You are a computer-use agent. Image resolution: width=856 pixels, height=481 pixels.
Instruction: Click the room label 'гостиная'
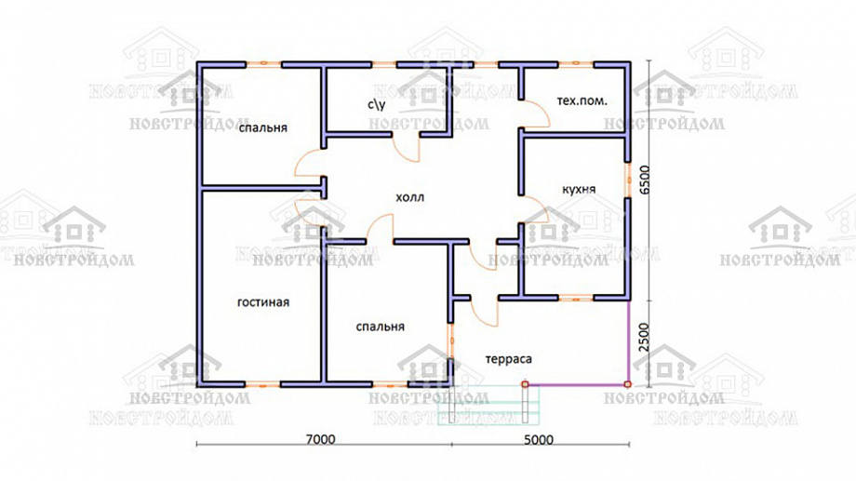tap(263, 302)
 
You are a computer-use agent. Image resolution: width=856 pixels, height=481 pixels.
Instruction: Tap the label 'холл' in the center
tap(410, 197)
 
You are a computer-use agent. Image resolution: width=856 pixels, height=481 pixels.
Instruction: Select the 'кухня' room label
tap(579, 190)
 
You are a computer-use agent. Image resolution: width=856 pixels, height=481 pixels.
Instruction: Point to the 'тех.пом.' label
tap(582, 101)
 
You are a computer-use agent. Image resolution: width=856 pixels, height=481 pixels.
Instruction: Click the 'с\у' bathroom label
tap(377, 104)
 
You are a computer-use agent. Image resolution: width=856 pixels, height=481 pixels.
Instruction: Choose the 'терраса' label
tap(508, 359)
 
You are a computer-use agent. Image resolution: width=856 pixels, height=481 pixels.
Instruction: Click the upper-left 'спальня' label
tap(263, 127)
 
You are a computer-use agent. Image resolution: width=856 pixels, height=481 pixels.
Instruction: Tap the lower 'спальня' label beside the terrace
tap(380, 327)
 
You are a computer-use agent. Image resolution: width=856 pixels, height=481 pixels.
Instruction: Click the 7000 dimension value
tap(320, 439)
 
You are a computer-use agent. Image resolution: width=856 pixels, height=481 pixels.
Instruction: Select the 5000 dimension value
tap(539, 439)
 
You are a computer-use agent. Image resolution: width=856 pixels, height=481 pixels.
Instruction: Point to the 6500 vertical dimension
tap(645, 180)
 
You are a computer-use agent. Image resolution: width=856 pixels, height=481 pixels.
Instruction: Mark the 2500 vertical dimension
tap(645, 339)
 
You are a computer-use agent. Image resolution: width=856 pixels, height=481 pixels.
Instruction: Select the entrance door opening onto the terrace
tap(485, 313)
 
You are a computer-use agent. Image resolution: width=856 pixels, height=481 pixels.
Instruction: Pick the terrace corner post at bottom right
tap(628, 384)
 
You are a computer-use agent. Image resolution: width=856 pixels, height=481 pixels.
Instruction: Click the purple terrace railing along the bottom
tap(577, 384)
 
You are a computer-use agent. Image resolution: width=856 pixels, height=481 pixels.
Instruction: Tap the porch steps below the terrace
tap(488, 405)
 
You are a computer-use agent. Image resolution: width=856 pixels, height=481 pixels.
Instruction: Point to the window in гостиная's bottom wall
tap(263, 384)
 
